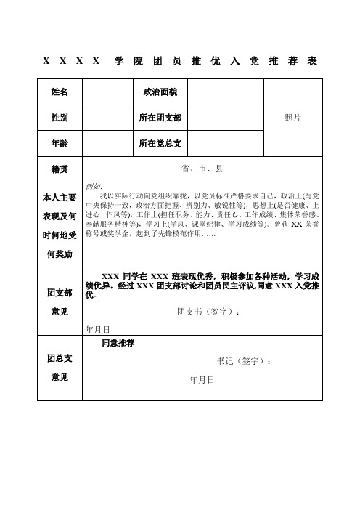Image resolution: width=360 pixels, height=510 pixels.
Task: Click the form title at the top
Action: pyautogui.click(x=179, y=60)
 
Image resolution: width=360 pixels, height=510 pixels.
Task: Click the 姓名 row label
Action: pyautogui.click(x=60, y=93)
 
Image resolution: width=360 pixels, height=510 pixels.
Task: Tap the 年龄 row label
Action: pyautogui.click(x=60, y=142)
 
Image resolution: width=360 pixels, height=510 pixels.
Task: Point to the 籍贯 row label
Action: pyautogui.click(x=60, y=168)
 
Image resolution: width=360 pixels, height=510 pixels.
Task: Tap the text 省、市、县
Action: pyautogui.click(x=202, y=168)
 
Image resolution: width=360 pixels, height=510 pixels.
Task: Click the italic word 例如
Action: pyautogui.click(x=94, y=187)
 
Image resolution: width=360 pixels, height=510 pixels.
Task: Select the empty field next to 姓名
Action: pyautogui.click(x=108, y=93)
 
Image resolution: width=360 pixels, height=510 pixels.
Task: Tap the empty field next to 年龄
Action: pyautogui.click(x=108, y=142)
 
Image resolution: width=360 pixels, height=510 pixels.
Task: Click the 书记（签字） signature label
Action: pyautogui.click(x=244, y=361)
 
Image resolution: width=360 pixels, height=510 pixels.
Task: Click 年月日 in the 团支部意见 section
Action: pyautogui.click(x=98, y=329)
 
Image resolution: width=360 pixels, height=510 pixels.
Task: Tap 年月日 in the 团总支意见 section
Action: pyautogui.click(x=201, y=380)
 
